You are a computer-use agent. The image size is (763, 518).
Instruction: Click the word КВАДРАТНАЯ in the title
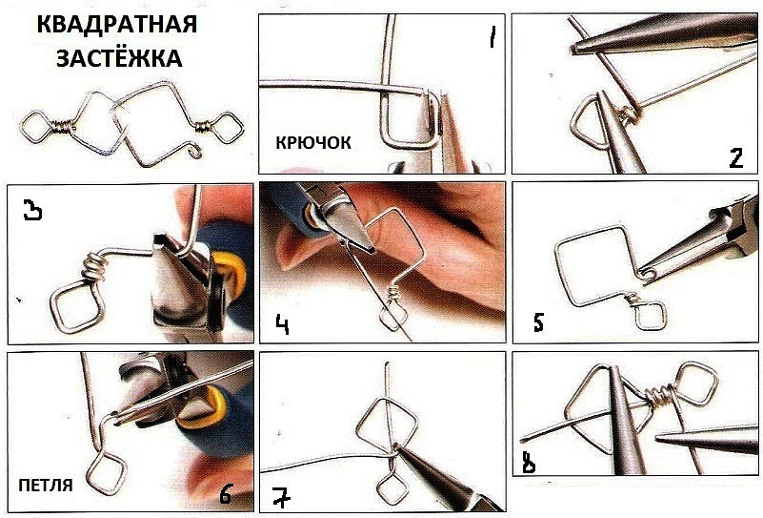[x=117, y=25]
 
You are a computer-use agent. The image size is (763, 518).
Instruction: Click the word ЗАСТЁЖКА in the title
[x=119, y=58]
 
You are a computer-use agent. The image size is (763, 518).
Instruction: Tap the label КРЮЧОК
[x=313, y=143]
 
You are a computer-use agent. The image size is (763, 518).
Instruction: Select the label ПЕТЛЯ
[x=46, y=486]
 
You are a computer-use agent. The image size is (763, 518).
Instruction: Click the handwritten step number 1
[x=492, y=37]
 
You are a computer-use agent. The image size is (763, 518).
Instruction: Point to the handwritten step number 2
[x=736, y=158]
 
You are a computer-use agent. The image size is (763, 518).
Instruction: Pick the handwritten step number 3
[x=33, y=212]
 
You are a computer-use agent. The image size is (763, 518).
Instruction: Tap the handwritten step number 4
[x=282, y=324]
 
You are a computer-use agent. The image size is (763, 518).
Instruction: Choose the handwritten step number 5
[x=538, y=322]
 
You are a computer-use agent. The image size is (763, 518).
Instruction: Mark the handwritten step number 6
[x=226, y=493]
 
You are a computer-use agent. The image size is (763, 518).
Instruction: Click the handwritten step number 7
[x=281, y=498]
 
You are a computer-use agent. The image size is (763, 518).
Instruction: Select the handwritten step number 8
[x=528, y=463]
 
